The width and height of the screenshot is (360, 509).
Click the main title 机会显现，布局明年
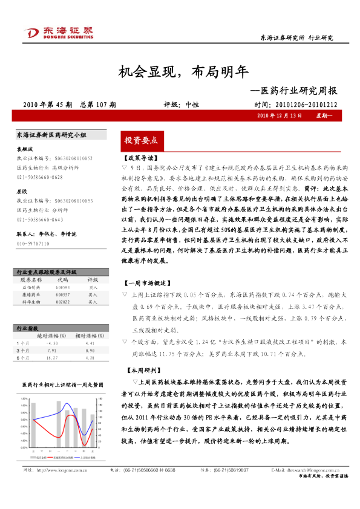(x=180, y=73)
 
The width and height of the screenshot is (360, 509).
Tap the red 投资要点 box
(x=140, y=140)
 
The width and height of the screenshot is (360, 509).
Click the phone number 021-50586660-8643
(x=39, y=219)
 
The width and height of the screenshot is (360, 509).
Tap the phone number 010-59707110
(x=33, y=244)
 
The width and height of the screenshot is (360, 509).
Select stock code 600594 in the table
(x=64, y=271)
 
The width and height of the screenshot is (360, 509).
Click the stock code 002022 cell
(x=64, y=285)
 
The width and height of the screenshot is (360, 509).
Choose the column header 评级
(x=93, y=264)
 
